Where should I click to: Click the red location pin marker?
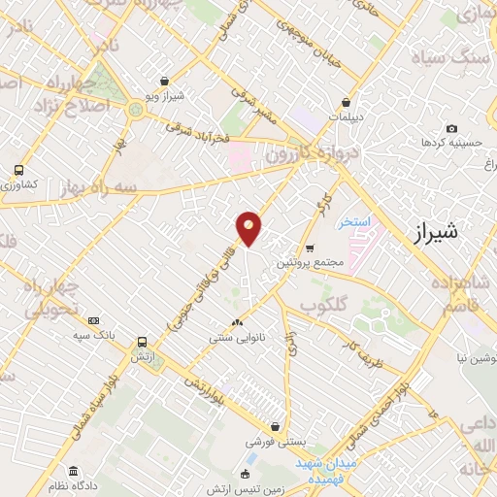[249, 227]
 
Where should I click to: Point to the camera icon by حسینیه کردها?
[451, 128]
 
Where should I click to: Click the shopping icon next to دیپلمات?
[345, 102]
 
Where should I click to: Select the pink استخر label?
[355, 223]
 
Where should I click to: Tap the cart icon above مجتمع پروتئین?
[310, 248]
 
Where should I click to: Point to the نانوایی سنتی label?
[238, 339]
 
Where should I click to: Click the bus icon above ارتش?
[143, 343]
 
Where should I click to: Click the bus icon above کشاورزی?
[18, 170]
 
